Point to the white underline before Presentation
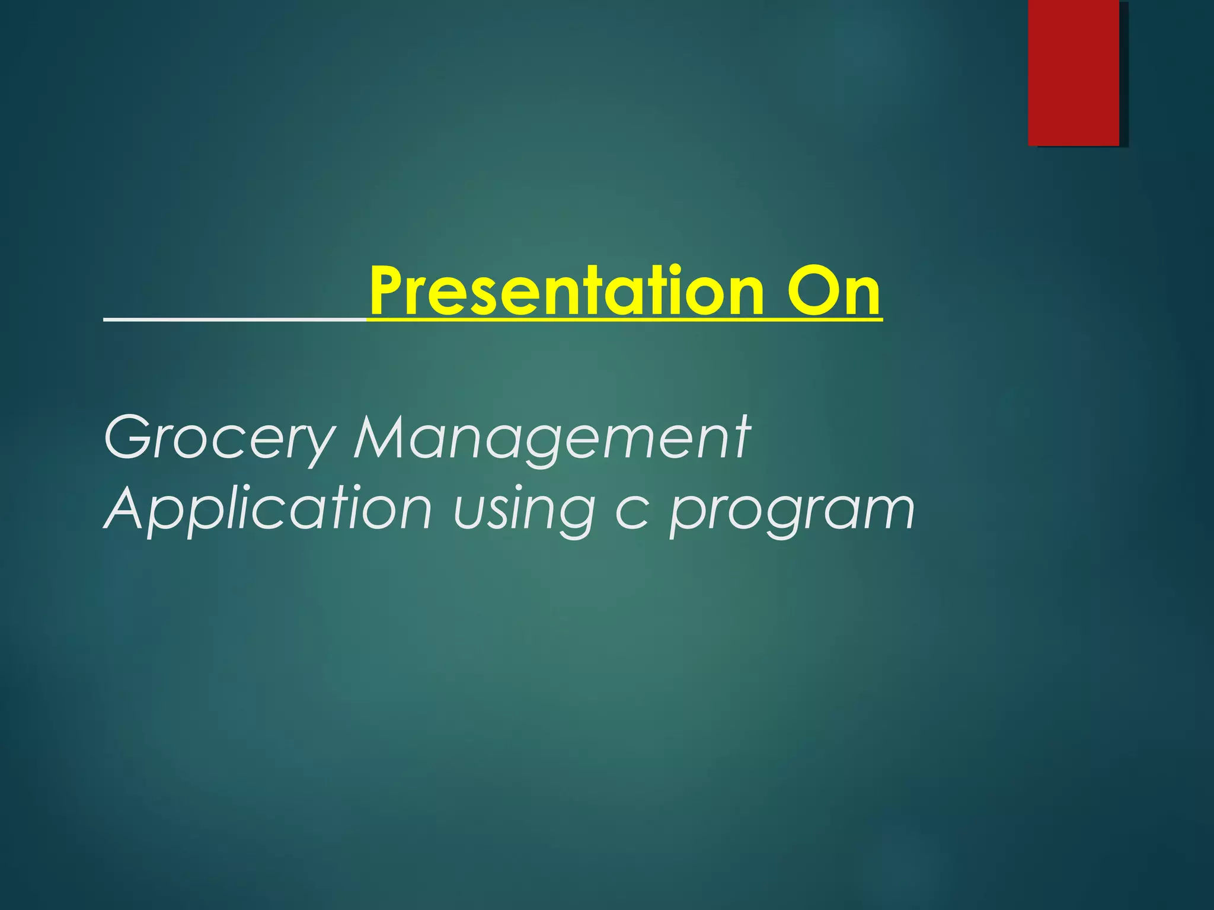[235, 319]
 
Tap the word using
[524, 511]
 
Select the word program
[792, 513]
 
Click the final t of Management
[741, 438]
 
